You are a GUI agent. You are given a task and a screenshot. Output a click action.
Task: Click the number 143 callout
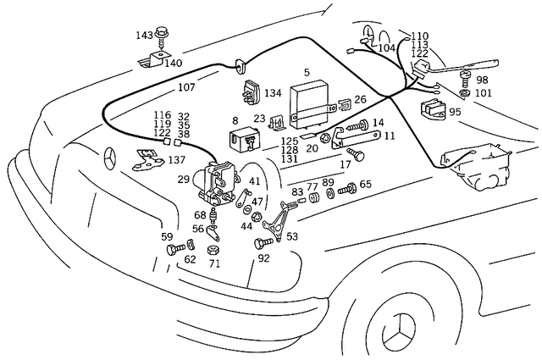click(x=145, y=35)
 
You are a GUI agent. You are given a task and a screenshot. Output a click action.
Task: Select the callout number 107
click(x=186, y=87)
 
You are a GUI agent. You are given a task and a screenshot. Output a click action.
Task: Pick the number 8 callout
click(x=235, y=121)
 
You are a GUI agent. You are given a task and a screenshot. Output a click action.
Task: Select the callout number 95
click(x=455, y=112)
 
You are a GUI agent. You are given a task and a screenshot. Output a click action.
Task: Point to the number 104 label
click(x=386, y=48)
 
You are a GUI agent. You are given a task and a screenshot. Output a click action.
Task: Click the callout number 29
click(x=183, y=180)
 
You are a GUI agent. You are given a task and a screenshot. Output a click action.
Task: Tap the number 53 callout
click(x=292, y=236)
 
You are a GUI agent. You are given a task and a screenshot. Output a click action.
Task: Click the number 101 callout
click(x=483, y=93)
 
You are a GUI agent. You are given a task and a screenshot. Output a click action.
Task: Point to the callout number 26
click(x=360, y=99)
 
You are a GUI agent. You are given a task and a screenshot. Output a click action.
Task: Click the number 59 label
click(x=167, y=237)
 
